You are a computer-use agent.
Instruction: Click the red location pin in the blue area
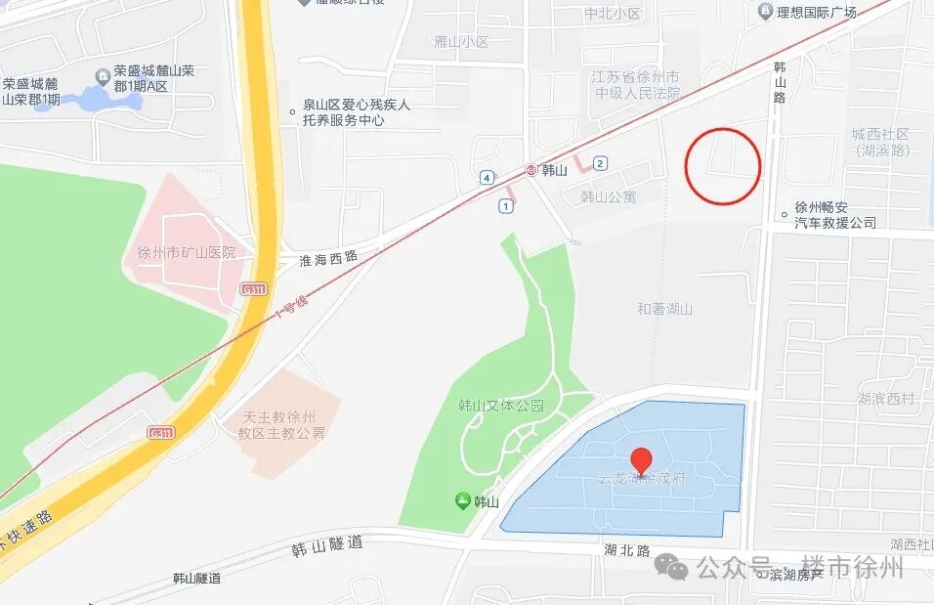[x=641, y=459]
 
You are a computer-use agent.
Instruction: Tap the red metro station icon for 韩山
[x=531, y=169]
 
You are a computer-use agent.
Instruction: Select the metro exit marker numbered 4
[x=486, y=177]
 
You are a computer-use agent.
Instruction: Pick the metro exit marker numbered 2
[x=600, y=163]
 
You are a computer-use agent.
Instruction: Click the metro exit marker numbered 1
[x=505, y=205]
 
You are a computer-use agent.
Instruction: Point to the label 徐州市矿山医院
[x=181, y=252]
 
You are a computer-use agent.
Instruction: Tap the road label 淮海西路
[x=328, y=258]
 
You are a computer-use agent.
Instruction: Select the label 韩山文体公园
[x=500, y=406]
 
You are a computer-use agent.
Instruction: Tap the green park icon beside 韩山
[x=462, y=501]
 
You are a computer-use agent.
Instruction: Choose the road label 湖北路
[x=627, y=550]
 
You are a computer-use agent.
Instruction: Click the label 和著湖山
[x=664, y=309]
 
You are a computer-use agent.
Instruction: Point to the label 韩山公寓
[x=608, y=196]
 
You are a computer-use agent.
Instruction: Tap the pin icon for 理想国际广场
[x=765, y=12]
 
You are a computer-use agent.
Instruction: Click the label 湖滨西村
[x=886, y=398]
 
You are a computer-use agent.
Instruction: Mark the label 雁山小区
[x=461, y=42]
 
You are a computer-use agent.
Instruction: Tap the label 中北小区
[x=613, y=14]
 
